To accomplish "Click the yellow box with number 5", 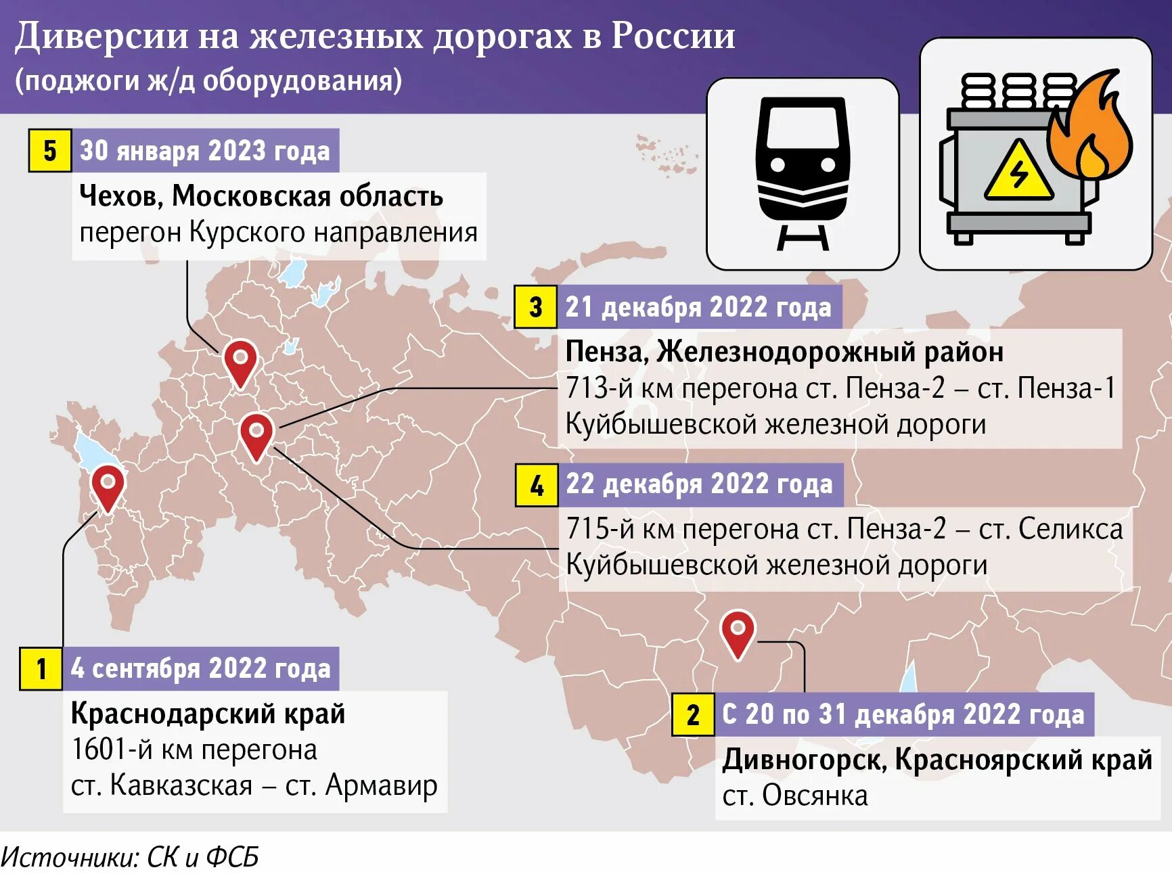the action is coord(49,150).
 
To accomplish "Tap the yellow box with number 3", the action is coord(535,307).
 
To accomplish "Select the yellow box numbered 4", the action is coord(537,485).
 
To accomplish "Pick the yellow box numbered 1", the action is coord(41,668).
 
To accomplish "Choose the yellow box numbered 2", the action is coord(693,714).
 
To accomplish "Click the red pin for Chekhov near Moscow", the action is coord(240,362).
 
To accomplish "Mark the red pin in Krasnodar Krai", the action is coord(108,487).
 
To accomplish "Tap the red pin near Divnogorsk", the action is coord(738,633).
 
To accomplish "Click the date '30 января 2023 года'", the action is coord(205,150).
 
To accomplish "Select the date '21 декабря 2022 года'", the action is coord(698,307).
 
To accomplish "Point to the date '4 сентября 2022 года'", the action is coord(201,668).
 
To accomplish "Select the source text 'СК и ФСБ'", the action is coord(203,857).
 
